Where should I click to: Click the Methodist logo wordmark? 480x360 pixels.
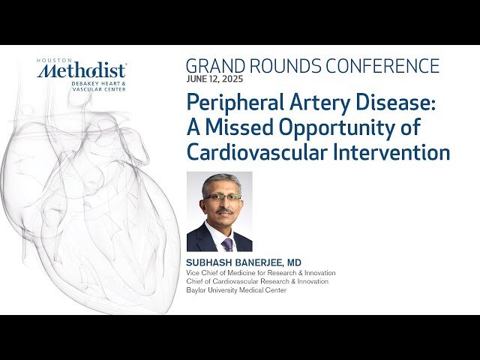click(82, 71)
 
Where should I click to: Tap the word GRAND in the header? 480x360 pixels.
click(213, 66)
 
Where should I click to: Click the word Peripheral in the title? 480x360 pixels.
click(232, 102)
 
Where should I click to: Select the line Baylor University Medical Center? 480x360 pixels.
click(236, 290)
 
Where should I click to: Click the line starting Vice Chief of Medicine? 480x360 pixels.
click(260, 273)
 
